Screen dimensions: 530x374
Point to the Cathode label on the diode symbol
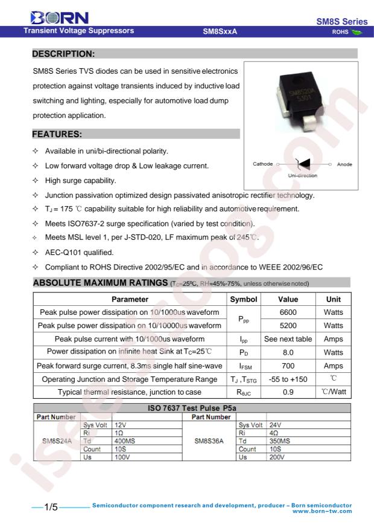click(x=263, y=164)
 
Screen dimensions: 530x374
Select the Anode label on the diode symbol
click(x=344, y=164)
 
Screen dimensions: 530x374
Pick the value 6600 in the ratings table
click(x=288, y=312)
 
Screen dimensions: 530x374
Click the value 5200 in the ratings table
click(x=288, y=326)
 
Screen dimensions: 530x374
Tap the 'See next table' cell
click(x=288, y=339)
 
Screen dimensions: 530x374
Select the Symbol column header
click(x=243, y=299)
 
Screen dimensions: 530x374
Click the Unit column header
click(x=333, y=299)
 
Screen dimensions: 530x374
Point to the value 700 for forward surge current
click(x=288, y=366)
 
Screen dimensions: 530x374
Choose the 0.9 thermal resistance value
click(x=288, y=392)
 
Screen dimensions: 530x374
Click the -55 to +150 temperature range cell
click(x=288, y=379)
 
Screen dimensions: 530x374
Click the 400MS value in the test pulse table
click(x=124, y=441)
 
